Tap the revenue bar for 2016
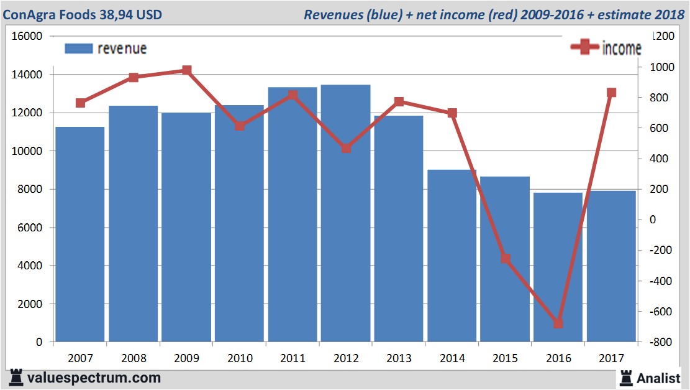pos(558,267)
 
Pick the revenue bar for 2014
pos(452,256)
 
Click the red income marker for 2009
pos(186,70)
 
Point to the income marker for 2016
pos(558,323)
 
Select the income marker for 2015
pos(505,259)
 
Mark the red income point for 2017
pos(611,93)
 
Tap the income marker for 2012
pos(346,149)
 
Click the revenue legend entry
pos(106,49)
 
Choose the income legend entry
pos(606,49)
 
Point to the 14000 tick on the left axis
pos(27,75)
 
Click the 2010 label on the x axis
pos(240,358)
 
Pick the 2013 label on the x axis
pos(399,358)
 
